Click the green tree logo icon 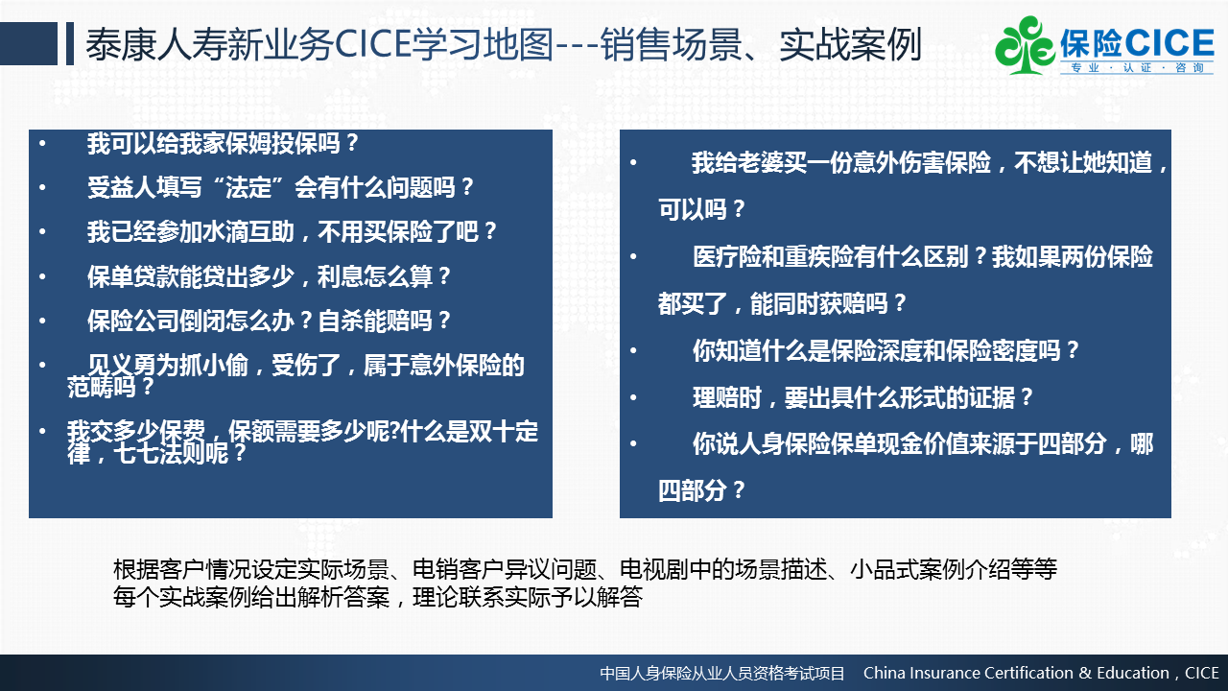point(1024,45)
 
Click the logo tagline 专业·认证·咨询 point(1137,68)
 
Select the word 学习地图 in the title point(483,44)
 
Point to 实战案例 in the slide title point(850,44)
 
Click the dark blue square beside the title point(29,43)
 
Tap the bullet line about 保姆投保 point(223,144)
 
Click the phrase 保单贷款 point(132,276)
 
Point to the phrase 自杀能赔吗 point(375,321)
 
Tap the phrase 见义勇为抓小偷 point(168,366)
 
